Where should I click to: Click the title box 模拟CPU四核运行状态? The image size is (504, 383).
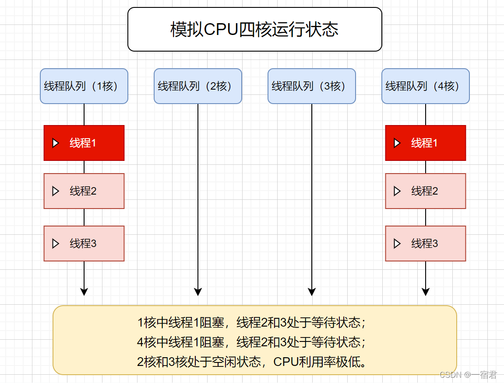point(254,29)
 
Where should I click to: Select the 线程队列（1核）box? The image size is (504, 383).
point(84,86)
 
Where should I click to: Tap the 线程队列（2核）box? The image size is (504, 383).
point(197,86)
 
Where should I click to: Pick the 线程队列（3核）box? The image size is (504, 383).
point(311,86)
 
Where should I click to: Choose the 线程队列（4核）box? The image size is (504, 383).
point(425,86)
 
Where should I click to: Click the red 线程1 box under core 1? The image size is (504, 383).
point(84,143)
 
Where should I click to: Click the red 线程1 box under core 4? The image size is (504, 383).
point(425,143)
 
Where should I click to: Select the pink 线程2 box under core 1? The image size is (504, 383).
point(84,191)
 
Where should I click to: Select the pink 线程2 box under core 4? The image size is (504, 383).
point(425,191)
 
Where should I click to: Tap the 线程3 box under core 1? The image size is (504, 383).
point(84,244)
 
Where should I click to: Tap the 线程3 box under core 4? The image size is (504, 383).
point(425,244)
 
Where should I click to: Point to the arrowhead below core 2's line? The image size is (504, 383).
point(198,292)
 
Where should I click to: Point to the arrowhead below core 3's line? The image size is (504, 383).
point(312,292)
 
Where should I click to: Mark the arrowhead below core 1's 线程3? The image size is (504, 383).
point(84,292)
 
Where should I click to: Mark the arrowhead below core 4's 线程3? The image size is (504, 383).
point(425,292)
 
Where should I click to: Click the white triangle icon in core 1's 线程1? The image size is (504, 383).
point(56,143)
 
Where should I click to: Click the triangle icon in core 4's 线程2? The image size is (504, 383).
point(397,191)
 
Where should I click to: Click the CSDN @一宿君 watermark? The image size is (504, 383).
point(468,375)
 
